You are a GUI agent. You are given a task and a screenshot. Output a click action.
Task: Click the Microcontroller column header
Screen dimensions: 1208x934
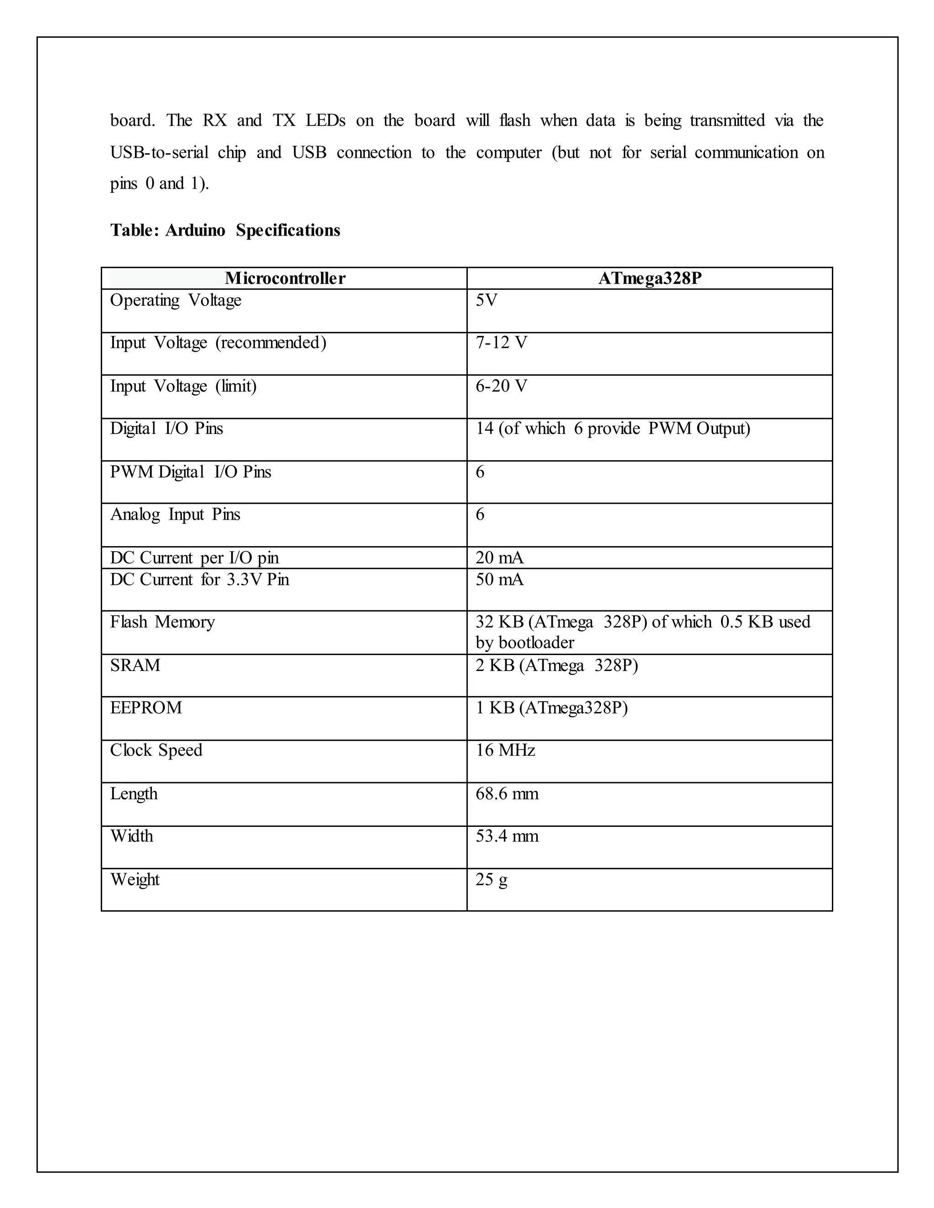[285, 278]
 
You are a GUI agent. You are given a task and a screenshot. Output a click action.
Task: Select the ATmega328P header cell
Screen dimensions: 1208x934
[649, 278]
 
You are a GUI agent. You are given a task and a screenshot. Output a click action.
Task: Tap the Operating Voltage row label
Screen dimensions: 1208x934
[176, 300]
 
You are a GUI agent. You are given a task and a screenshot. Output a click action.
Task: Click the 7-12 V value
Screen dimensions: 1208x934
[501, 343]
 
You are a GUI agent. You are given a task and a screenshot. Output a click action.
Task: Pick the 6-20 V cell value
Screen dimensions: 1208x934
[501, 386]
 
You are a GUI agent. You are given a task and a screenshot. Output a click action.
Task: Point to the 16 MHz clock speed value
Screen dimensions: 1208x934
[505, 751]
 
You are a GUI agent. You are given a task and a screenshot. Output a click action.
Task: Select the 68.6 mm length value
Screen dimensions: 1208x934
[507, 794]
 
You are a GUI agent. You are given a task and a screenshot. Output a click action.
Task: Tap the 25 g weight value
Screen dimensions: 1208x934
[491, 879]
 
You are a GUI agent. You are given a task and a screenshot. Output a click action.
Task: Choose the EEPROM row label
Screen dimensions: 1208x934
[146, 708]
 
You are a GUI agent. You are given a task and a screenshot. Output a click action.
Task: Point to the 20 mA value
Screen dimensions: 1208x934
[499, 558]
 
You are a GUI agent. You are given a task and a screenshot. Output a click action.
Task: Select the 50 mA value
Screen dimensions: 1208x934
[499, 580]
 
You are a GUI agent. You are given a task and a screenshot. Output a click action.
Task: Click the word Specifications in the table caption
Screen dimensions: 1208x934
[288, 230]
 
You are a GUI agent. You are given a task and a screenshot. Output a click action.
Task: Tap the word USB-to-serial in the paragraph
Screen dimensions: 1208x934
[159, 152]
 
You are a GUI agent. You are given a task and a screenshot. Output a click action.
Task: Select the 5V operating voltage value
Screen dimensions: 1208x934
[486, 300]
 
